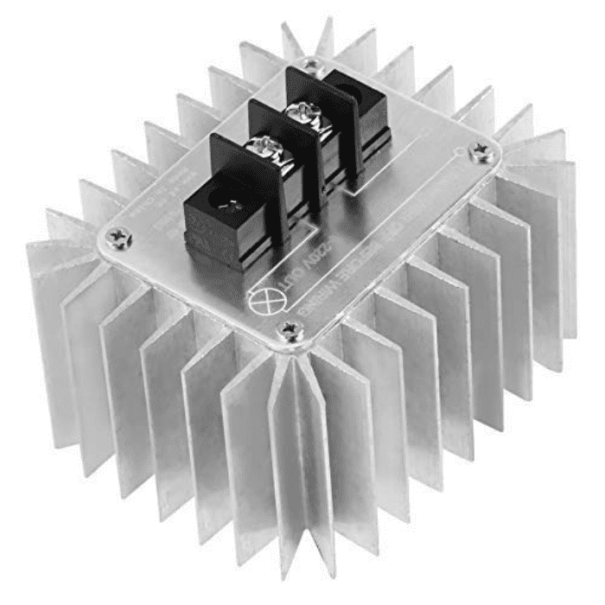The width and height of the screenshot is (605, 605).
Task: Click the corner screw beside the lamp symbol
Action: [289, 328]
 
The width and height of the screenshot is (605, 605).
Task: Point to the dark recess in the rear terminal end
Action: [354, 91]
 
